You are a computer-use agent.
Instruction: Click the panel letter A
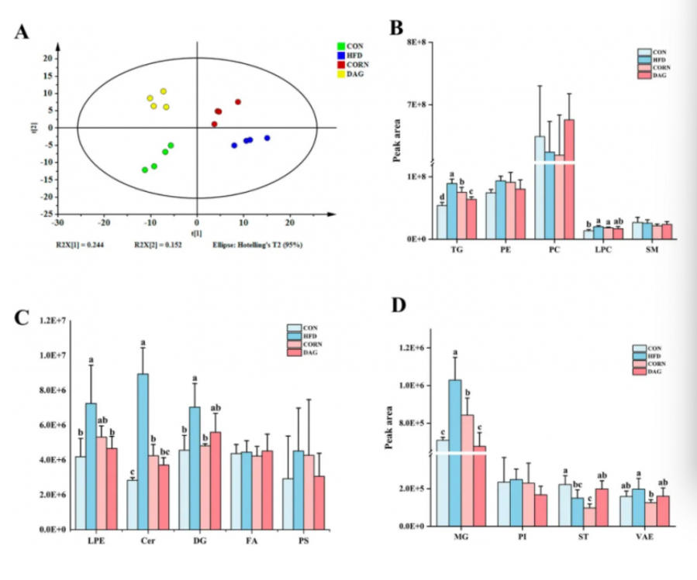[x=22, y=32]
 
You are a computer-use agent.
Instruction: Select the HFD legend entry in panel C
[x=304, y=335]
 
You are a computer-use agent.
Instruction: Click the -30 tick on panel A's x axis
[x=57, y=222]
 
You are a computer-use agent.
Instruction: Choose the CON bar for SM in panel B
[x=637, y=230]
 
